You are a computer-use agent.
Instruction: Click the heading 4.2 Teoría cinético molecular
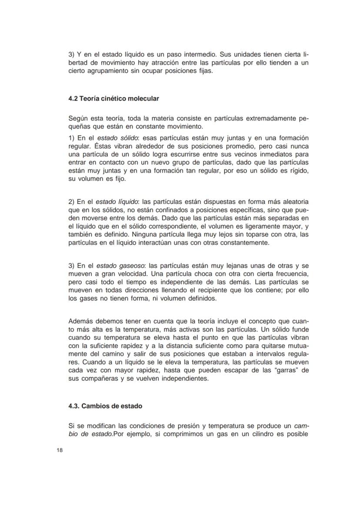(113, 99)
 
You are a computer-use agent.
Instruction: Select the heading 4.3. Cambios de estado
(105, 406)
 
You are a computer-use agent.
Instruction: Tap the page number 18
(60, 450)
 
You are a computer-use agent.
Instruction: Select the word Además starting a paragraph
(80, 321)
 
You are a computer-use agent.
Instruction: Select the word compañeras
(97, 379)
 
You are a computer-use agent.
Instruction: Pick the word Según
(78, 119)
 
